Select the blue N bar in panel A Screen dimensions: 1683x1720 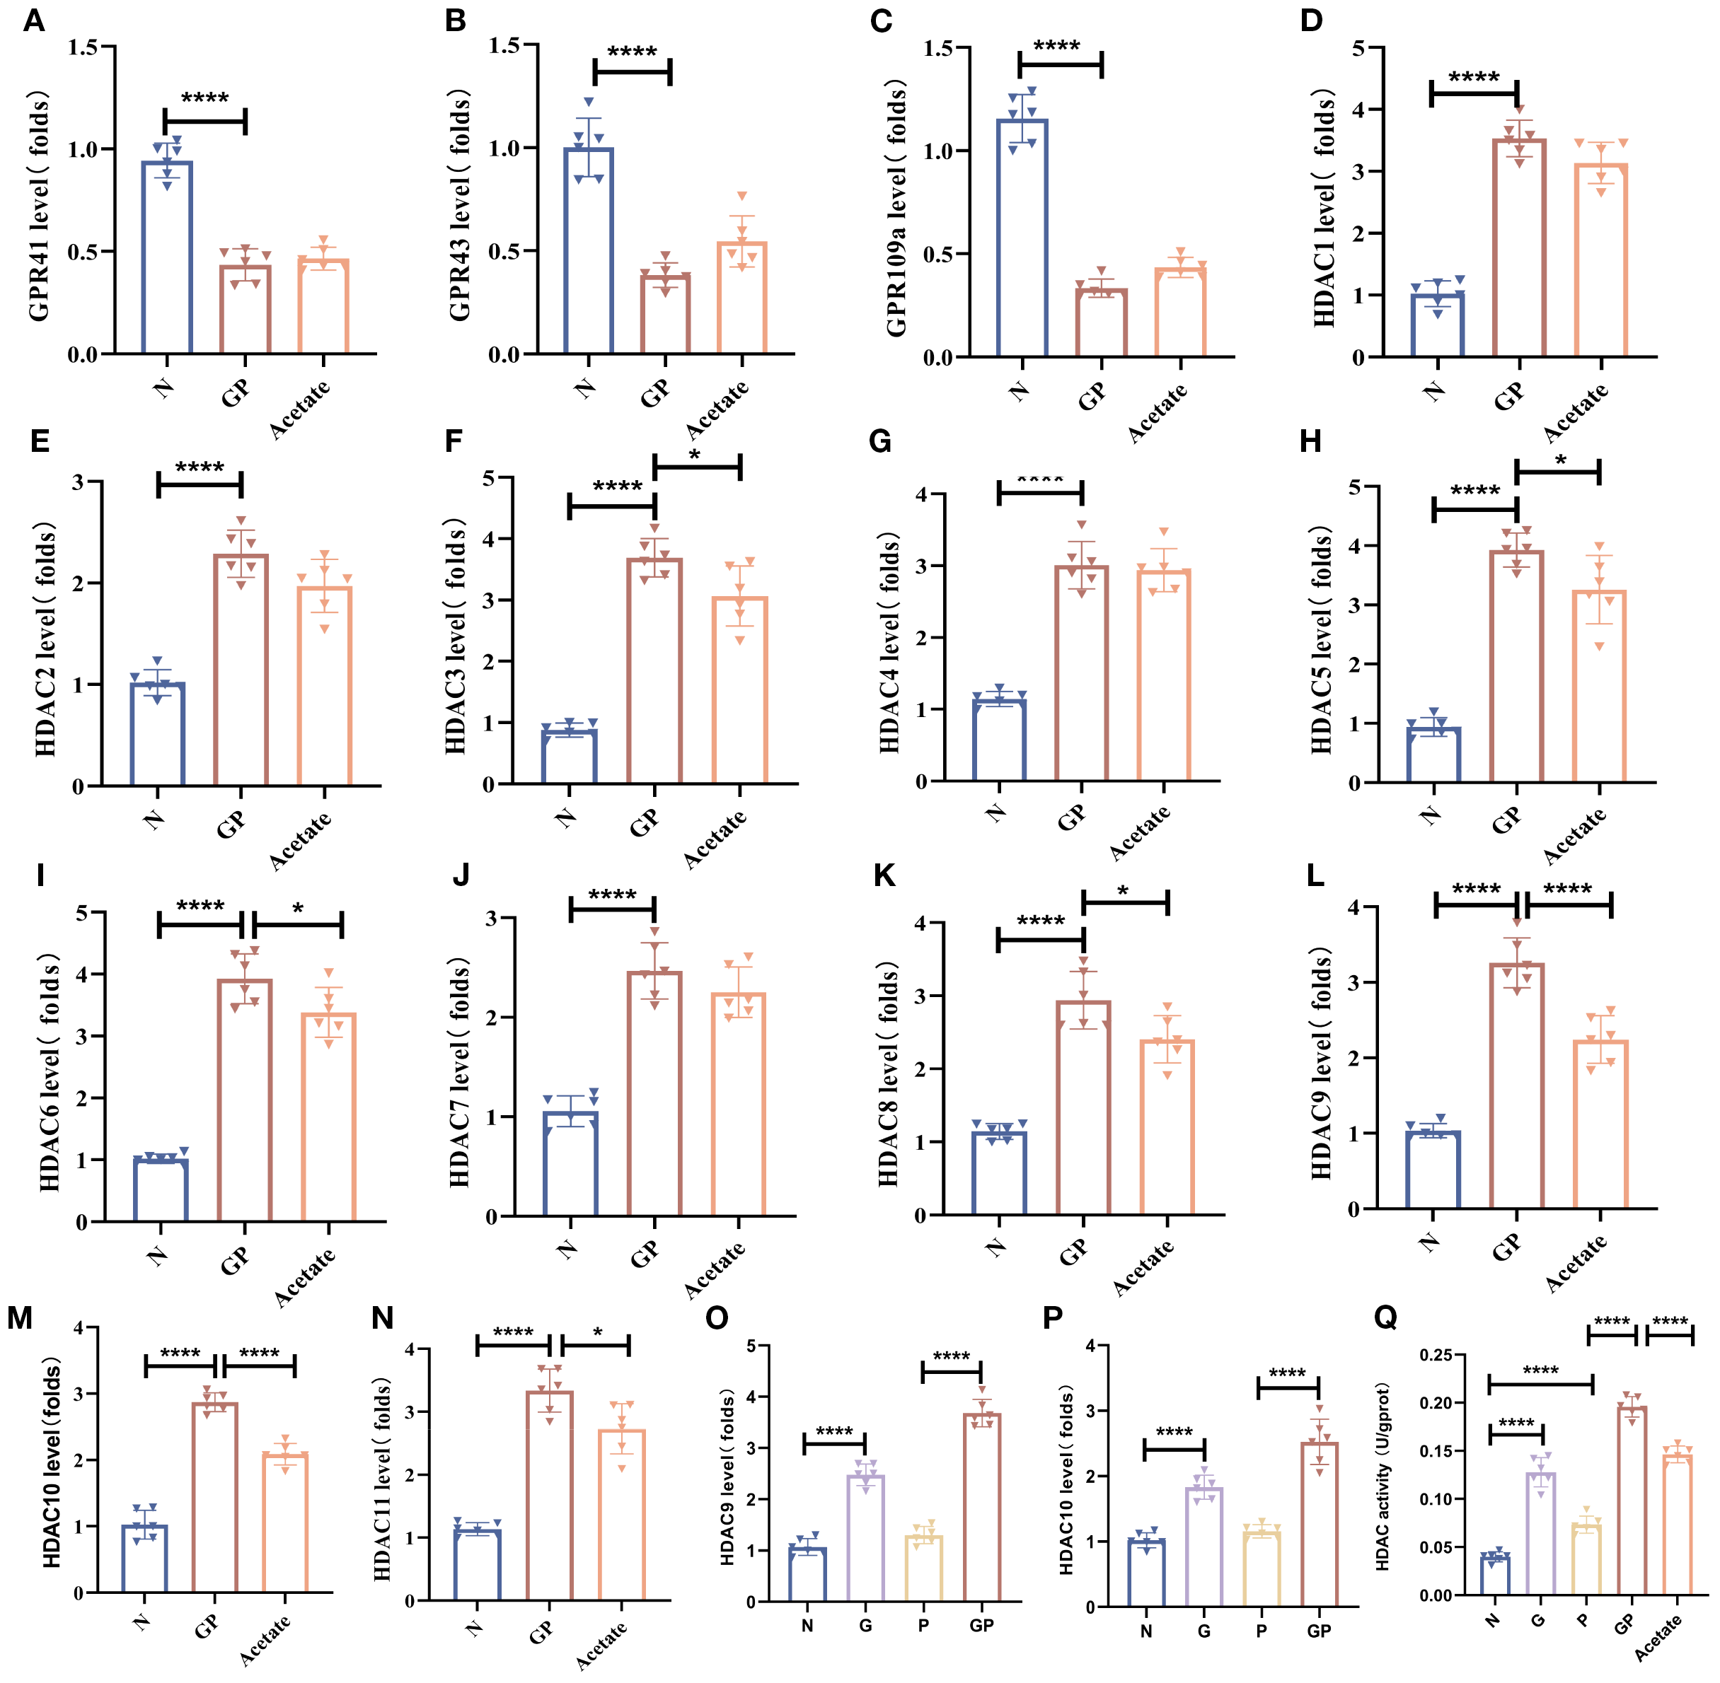coord(166,256)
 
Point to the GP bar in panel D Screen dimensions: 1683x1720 coord(1519,248)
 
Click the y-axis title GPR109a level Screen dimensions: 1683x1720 coord(896,209)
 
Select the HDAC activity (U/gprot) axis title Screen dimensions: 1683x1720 coord(1383,1477)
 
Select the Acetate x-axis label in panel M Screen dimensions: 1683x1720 coord(265,1640)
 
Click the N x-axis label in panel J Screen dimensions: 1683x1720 coord(567,1248)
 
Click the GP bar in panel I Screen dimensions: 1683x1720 coord(244,1100)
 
